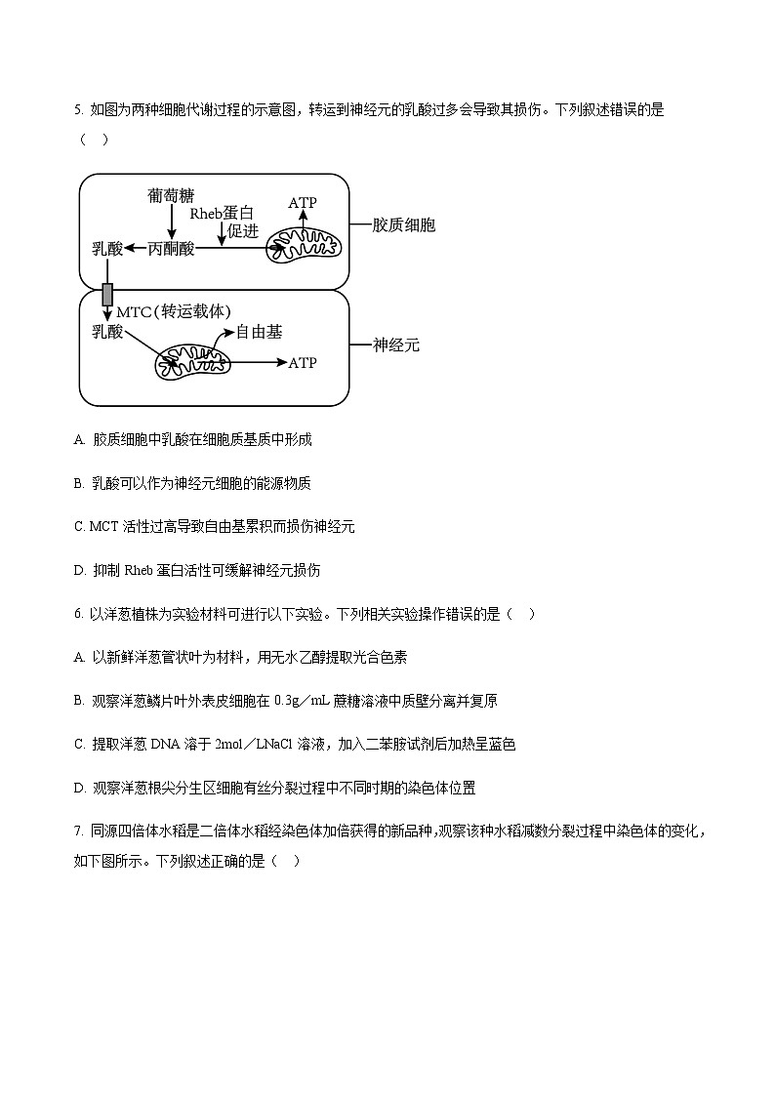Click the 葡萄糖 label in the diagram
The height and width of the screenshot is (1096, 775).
pyautogui.click(x=171, y=195)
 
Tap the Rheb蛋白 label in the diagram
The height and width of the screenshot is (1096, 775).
pyautogui.click(x=222, y=214)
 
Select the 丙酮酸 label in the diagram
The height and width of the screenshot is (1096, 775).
pyautogui.click(x=172, y=250)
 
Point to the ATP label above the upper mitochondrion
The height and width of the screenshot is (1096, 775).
pyautogui.click(x=303, y=203)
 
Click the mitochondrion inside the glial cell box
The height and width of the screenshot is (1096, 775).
pyautogui.click(x=306, y=248)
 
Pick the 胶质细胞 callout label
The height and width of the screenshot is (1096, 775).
pyautogui.click(x=404, y=225)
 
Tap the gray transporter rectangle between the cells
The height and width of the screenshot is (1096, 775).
pyautogui.click(x=107, y=293)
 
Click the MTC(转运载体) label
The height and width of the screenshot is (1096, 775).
pyautogui.click(x=173, y=312)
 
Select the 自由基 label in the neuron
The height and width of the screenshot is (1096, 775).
pyautogui.click(x=260, y=332)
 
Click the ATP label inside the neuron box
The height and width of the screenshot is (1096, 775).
pyautogui.click(x=303, y=363)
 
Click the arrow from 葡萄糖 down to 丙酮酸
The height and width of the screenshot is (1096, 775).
pyautogui.click(x=172, y=223)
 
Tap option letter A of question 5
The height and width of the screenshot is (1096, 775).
pyautogui.click(x=79, y=440)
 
